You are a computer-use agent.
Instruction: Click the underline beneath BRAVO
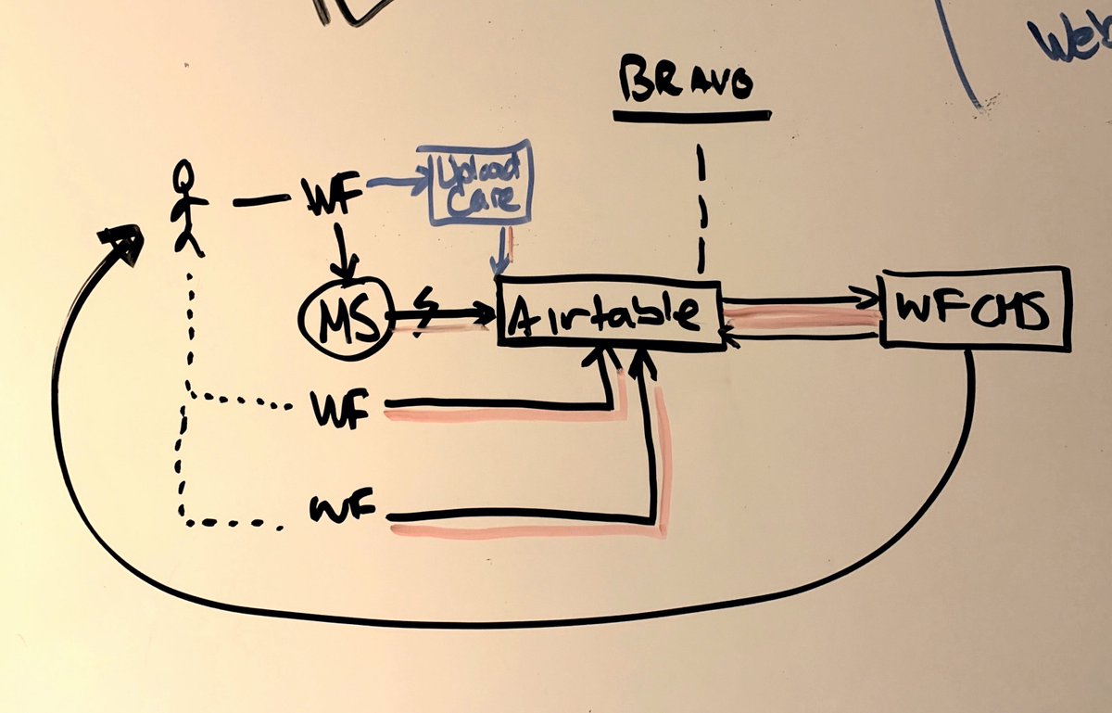coord(691,117)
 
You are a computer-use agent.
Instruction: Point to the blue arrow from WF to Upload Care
coord(393,185)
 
